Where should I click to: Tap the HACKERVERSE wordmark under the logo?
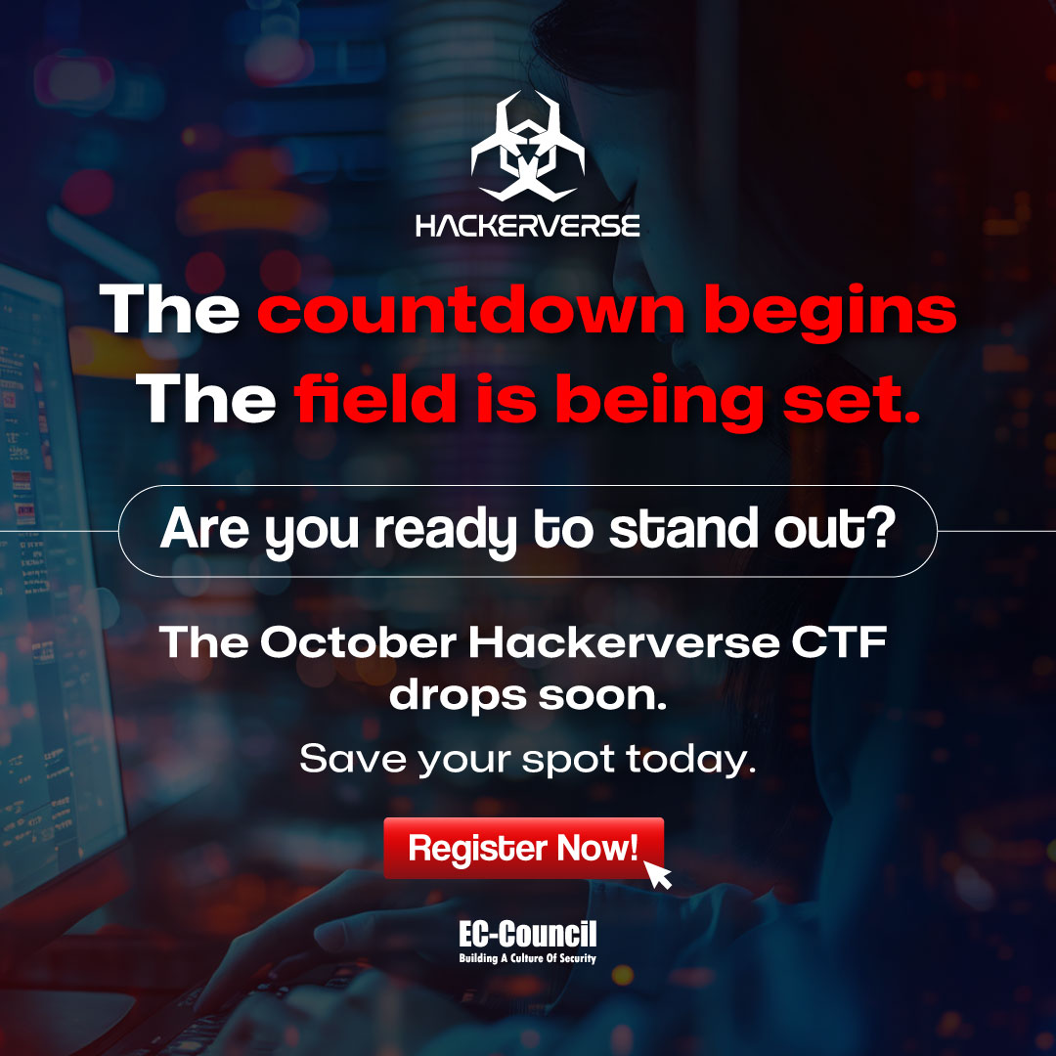pos(528,227)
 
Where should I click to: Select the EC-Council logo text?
pos(528,934)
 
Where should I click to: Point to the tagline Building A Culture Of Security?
pos(528,958)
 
